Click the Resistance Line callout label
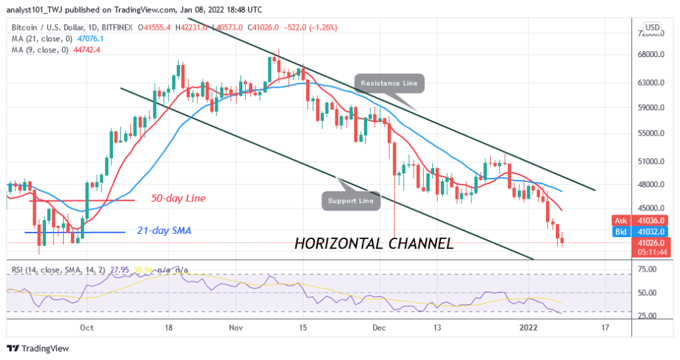[x=390, y=83]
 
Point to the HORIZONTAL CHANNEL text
[x=374, y=244]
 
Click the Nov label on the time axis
[x=236, y=327]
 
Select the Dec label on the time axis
[x=379, y=327]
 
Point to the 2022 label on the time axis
[x=529, y=327]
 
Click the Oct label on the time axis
[x=86, y=327]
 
